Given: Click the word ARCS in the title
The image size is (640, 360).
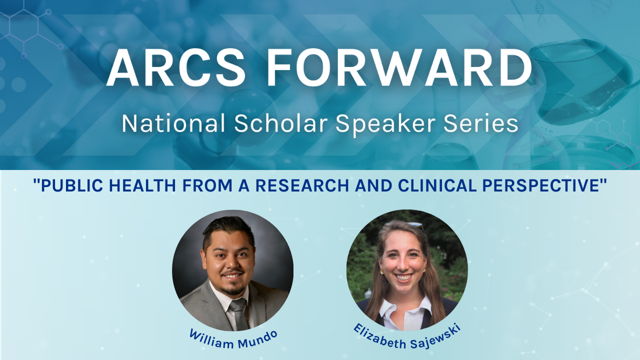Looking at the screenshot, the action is (x=175, y=67).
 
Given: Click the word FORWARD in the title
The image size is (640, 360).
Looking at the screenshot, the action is (x=399, y=67).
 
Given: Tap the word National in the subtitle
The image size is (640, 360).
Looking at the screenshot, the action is (x=173, y=123).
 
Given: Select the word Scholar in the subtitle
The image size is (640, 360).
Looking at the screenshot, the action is (x=281, y=123).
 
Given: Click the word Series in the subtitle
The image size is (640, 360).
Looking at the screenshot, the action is (x=481, y=123).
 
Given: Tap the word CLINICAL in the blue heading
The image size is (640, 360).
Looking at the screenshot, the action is (x=437, y=185).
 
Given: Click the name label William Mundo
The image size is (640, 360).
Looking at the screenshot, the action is (x=233, y=339).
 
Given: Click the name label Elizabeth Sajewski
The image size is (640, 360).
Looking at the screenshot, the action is (x=407, y=337).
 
